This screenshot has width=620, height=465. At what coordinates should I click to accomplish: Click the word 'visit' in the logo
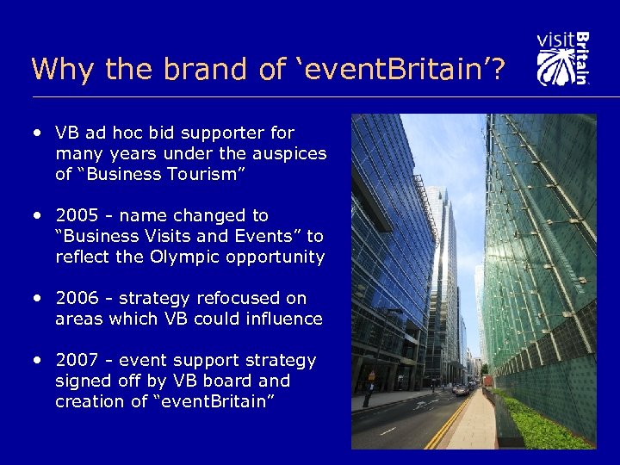555,40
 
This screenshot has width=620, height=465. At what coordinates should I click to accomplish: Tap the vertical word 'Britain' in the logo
583,59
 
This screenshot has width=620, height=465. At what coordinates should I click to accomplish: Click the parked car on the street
462,389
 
